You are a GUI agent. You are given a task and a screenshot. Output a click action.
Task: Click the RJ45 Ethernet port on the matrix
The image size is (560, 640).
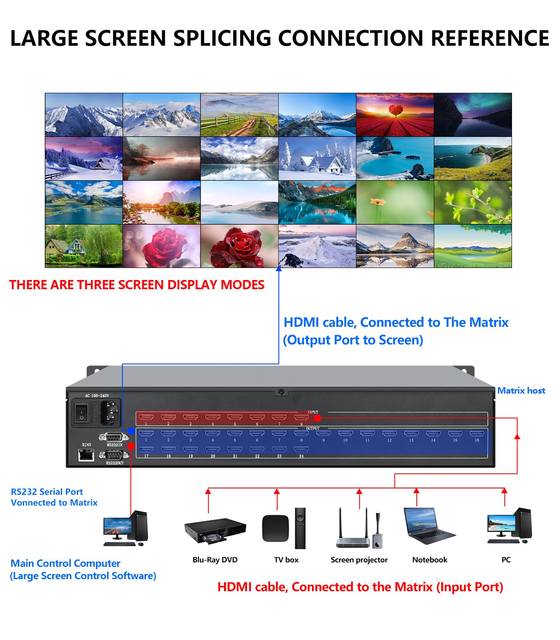coord(86,455)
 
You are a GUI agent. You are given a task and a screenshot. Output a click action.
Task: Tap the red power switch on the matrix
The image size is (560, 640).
coord(82,414)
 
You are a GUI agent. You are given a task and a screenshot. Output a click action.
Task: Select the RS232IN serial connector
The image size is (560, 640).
coord(114,437)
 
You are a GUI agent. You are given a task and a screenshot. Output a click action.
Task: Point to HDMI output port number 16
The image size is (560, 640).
coord(476,434)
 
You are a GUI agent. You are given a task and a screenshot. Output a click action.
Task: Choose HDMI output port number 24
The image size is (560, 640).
coord(301,450)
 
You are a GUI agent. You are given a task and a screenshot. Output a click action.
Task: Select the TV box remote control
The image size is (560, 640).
coord(300,528)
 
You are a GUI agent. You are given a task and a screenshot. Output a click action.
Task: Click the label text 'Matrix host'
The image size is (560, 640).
coord(521,391)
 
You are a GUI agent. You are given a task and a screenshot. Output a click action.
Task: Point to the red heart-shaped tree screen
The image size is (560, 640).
coord(395,115)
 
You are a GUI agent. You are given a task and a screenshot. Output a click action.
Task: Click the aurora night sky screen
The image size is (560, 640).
coord(473,115)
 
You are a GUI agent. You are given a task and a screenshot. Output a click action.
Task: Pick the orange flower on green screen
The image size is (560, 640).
coord(395,202)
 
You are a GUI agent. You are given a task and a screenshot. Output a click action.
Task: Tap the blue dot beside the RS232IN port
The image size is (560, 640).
coord(131,431)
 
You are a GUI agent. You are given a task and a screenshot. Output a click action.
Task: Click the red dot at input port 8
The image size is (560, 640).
coord(317,418)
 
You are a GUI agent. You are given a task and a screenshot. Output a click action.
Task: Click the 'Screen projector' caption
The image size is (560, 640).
coord(359,560)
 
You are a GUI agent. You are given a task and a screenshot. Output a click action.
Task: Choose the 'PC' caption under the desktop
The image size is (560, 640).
coord(506,560)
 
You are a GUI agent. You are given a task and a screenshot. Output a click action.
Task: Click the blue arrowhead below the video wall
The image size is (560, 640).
coord(279,269)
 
